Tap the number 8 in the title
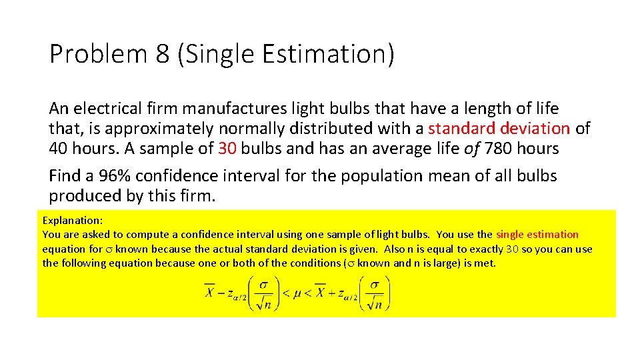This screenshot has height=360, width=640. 163,54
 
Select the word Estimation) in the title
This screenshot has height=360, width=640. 341,54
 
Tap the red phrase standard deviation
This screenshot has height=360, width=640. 499,128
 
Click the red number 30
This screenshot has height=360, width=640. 227,148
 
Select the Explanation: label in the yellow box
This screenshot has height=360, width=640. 72,220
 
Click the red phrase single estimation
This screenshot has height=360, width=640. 537,234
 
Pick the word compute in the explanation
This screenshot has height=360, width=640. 145,234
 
